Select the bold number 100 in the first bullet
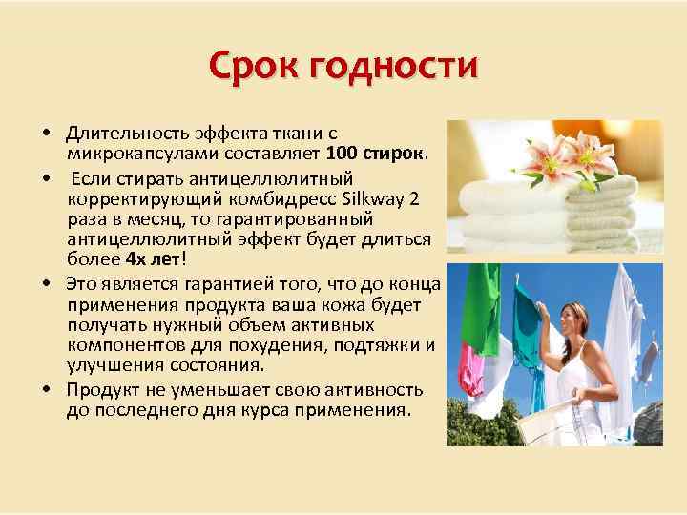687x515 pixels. pyautogui.click(x=342, y=154)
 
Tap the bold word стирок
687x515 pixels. pyautogui.click(x=393, y=154)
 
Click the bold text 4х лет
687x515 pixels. pyautogui.click(x=147, y=258)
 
